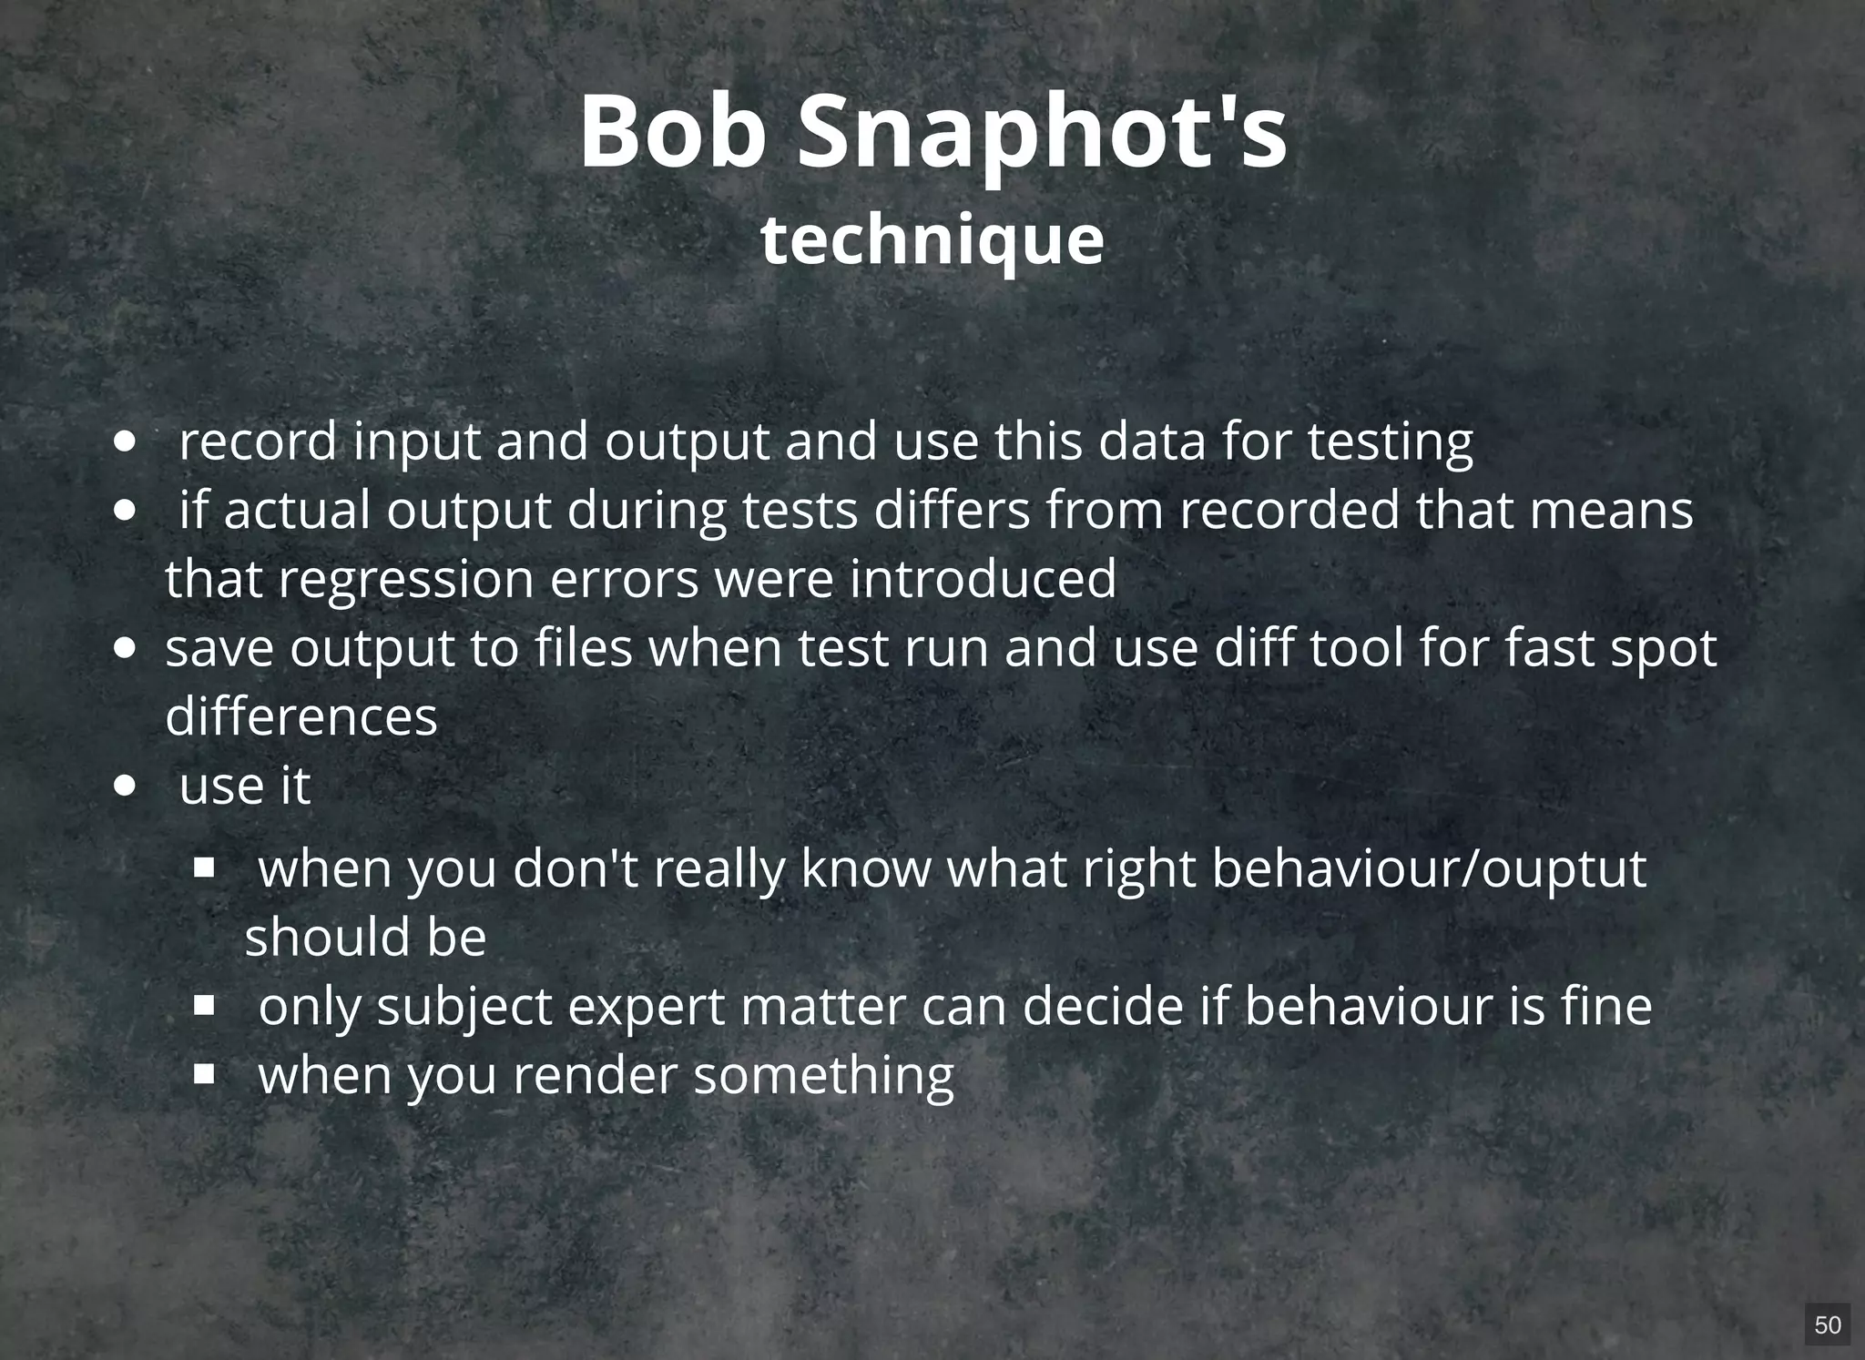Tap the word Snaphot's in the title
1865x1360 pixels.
[1042, 132]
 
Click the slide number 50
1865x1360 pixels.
[1827, 1324]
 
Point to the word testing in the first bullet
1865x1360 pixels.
[1390, 442]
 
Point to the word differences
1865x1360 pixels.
[301, 717]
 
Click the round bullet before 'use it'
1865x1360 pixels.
[127, 786]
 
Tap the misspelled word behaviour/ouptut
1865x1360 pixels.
[1429, 869]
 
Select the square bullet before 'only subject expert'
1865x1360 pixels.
[204, 1006]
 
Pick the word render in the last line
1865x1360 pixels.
[595, 1076]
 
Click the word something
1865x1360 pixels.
[823, 1076]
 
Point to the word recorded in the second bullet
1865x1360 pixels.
[1289, 511]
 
